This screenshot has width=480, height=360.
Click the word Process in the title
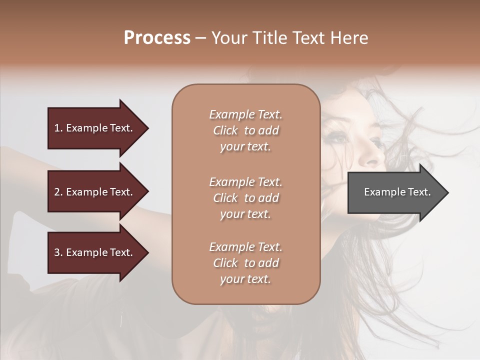coord(157,38)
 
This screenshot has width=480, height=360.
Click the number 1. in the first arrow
coord(58,128)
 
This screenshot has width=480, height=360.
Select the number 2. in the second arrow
coord(58,192)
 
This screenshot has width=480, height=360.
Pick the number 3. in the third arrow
coord(58,252)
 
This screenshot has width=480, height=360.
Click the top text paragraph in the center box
coord(245,130)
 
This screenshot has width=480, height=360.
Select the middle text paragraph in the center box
coord(245,198)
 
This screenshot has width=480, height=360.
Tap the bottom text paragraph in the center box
coord(245,263)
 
